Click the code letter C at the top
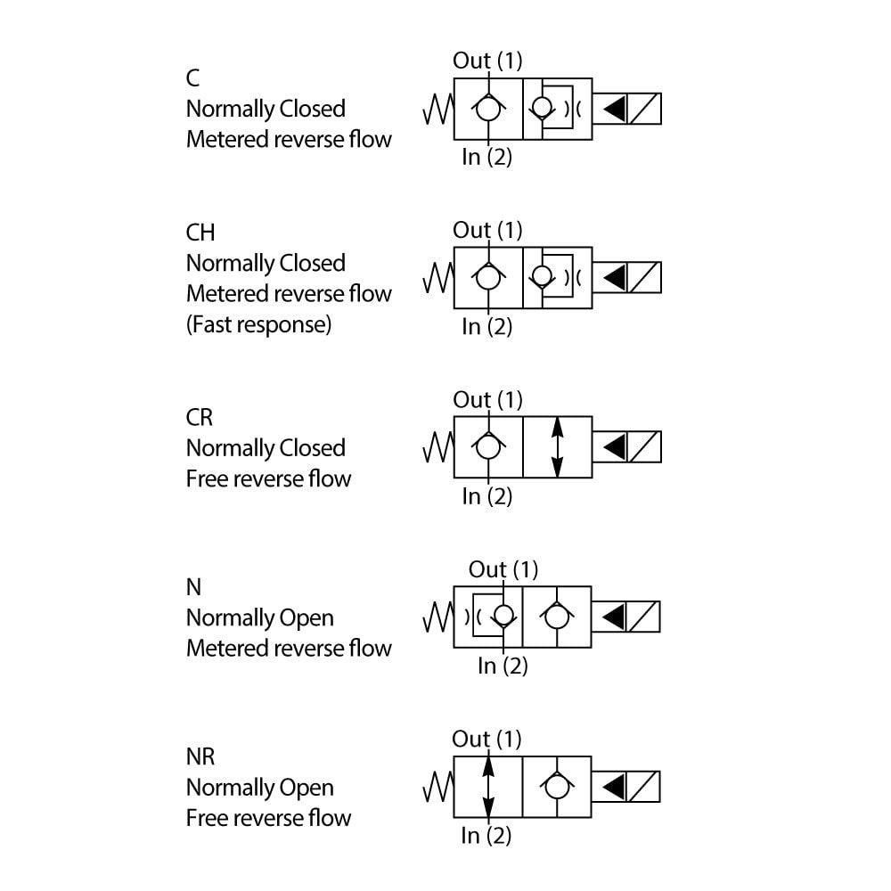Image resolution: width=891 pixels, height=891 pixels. point(192,78)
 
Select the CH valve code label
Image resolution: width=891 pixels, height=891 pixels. point(200,233)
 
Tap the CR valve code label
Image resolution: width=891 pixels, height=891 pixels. point(200,417)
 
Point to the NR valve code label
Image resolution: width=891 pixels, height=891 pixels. point(200,757)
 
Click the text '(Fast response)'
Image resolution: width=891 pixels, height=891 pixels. point(258,323)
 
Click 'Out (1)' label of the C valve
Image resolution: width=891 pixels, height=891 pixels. point(487,61)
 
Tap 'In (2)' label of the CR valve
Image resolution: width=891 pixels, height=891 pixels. point(487,496)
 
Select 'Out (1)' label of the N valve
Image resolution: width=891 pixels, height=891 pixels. point(503,569)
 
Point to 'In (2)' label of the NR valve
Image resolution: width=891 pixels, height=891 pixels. point(486,836)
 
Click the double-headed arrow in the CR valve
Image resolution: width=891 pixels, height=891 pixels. point(558,446)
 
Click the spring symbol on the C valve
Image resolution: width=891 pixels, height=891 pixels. point(437,109)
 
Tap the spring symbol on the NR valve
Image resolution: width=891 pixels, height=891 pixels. point(437,787)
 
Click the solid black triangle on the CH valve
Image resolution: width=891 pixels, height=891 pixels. point(614,278)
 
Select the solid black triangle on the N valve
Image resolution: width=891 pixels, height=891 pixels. point(614,617)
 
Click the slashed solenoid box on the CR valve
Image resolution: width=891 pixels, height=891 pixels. point(645,446)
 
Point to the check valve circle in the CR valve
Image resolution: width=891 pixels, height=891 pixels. point(487,446)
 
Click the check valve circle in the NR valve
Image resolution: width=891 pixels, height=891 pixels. point(557,787)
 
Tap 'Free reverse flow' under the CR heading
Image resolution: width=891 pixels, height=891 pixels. point(268,478)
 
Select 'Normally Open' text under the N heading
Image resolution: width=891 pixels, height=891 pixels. point(259,617)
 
